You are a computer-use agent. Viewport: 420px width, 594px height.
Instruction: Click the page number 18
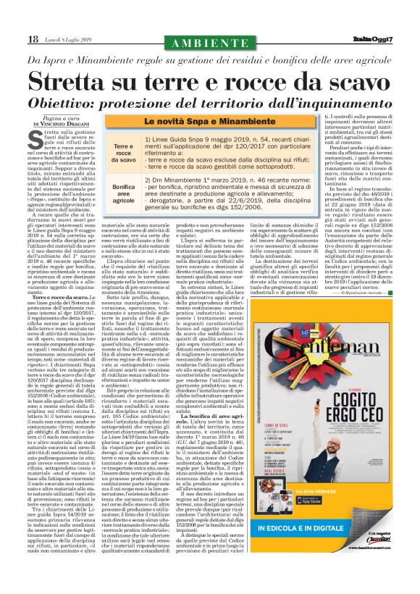tap(33, 38)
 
